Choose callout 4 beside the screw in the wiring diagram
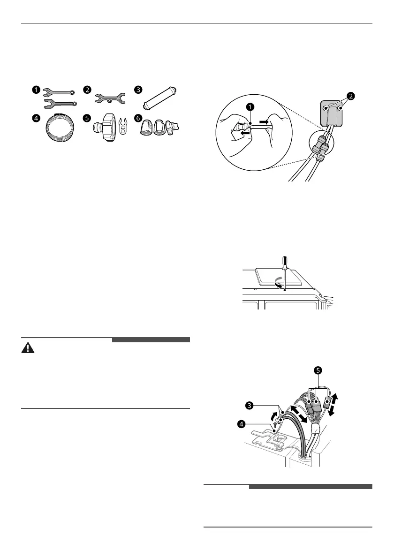pyautogui.click(x=242, y=424)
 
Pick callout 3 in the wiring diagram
pyautogui.click(x=251, y=404)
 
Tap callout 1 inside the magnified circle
pyautogui.click(x=251, y=107)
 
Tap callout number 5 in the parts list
pyautogui.click(x=87, y=119)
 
